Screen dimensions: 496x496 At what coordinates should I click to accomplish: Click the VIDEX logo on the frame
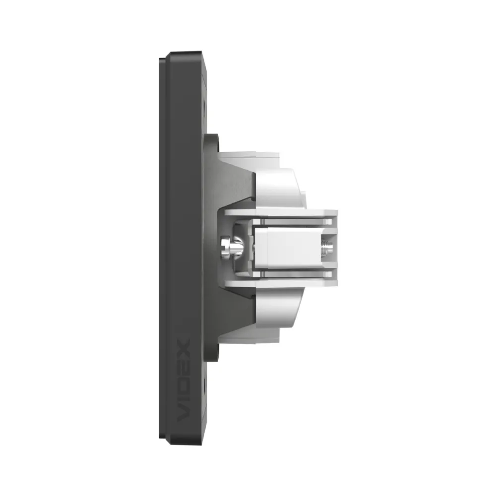[x=183, y=380]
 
